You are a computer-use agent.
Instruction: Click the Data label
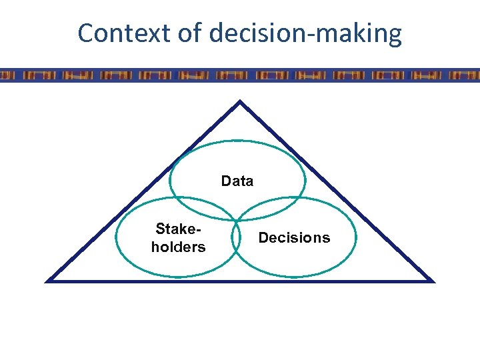[237, 181]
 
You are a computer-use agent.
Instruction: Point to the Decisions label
[294, 238]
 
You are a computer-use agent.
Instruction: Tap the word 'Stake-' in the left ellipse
[178, 229]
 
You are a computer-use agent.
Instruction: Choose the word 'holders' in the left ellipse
[178, 247]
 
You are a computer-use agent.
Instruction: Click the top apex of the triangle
[240, 103]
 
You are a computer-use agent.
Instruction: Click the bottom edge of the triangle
[240, 281]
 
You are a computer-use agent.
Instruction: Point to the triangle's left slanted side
[143, 192]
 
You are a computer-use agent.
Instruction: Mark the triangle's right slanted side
[337, 192]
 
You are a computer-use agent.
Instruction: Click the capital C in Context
[86, 33]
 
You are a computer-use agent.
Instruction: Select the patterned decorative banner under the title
[240, 75]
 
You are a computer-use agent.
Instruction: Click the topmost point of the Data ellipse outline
[237, 141]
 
